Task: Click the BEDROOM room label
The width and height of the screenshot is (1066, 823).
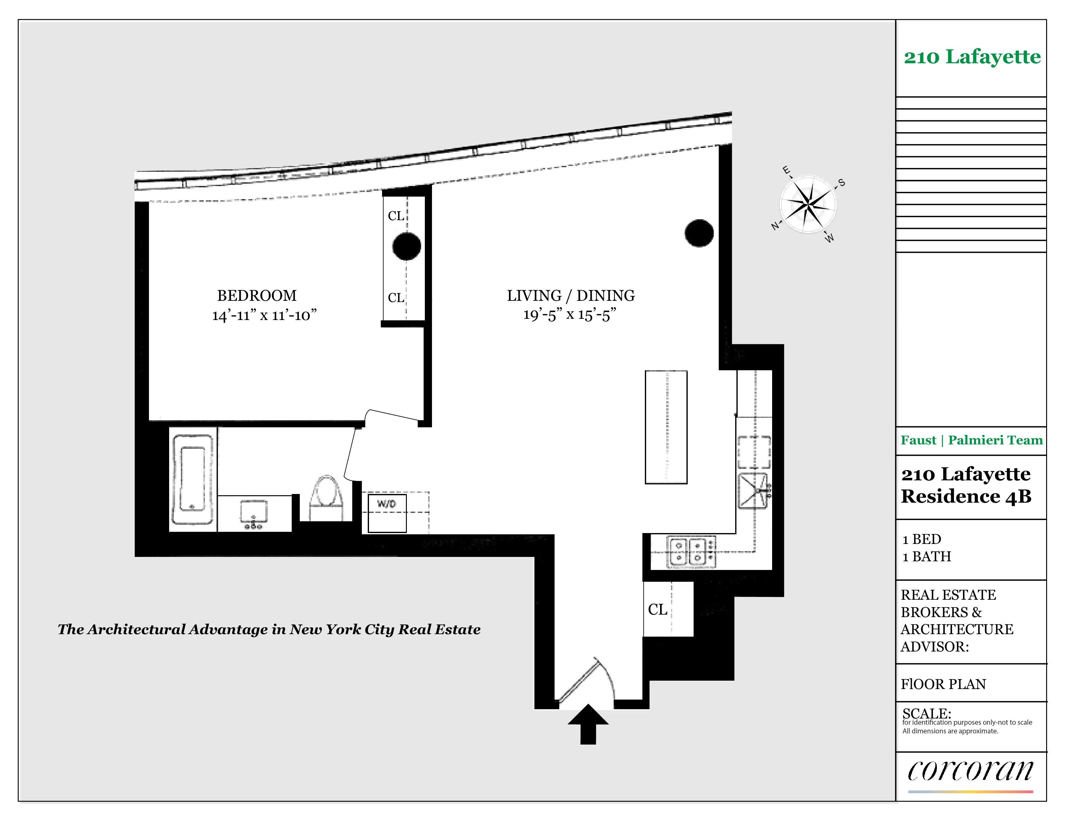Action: pyautogui.click(x=257, y=296)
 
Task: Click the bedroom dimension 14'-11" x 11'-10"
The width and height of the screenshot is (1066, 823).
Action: pyautogui.click(x=264, y=315)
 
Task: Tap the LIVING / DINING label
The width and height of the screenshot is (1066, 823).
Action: pyautogui.click(x=571, y=296)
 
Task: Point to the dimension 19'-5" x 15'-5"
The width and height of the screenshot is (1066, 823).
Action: pyautogui.click(x=569, y=315)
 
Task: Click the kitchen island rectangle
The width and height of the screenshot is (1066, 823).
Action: pyautogui.click(x=666, y=427)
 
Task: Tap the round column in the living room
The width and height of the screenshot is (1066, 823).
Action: pyautogui.click(x=699, y=233)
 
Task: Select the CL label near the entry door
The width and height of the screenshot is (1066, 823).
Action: pyautogui.click(x=658, y=609)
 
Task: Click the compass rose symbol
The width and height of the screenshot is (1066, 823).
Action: pyautogui.click(x=808, y=204)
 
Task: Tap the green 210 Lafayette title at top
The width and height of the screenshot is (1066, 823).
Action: pyautogui.click(x=972, y=57)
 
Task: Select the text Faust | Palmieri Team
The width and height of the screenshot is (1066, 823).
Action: pyautogui.click(x=971, y=440)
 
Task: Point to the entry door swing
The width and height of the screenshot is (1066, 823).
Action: pyautogui.click(x=586, y=681)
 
